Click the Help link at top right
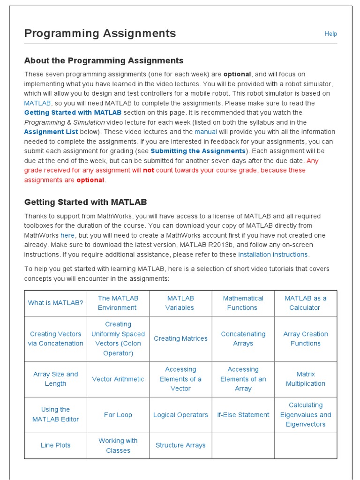point(330,34)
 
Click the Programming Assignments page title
point(100,33)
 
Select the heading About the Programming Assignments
point(104,60)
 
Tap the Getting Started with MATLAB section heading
point(85,202)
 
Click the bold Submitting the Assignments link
point(198,151)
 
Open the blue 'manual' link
point(206,132)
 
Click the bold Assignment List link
point(51,132)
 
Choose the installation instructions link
point(273,255)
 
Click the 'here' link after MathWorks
point(67,235)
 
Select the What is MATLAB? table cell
point(55,303)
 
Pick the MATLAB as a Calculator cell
point(305,303)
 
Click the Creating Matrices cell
point(180,338)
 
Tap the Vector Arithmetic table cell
point(118,379)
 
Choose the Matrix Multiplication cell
point(305,379)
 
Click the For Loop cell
point(118,415)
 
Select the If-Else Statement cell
point(243,415)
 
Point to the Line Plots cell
point(55,445)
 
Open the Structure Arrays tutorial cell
point(180,445)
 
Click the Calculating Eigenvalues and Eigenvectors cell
point(305,415)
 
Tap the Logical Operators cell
point(180,415)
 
